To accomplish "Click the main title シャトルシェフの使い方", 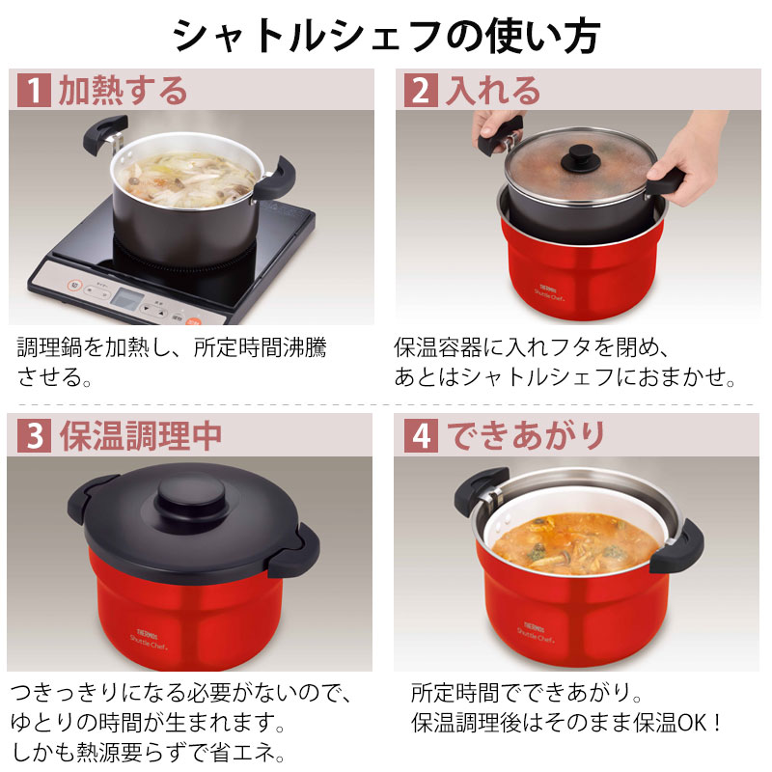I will [x=386, y=36].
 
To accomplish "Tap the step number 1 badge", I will [x=33, y=91].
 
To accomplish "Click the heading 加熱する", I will [x=123, y=91].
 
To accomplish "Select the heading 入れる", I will [x=491, y=91].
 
